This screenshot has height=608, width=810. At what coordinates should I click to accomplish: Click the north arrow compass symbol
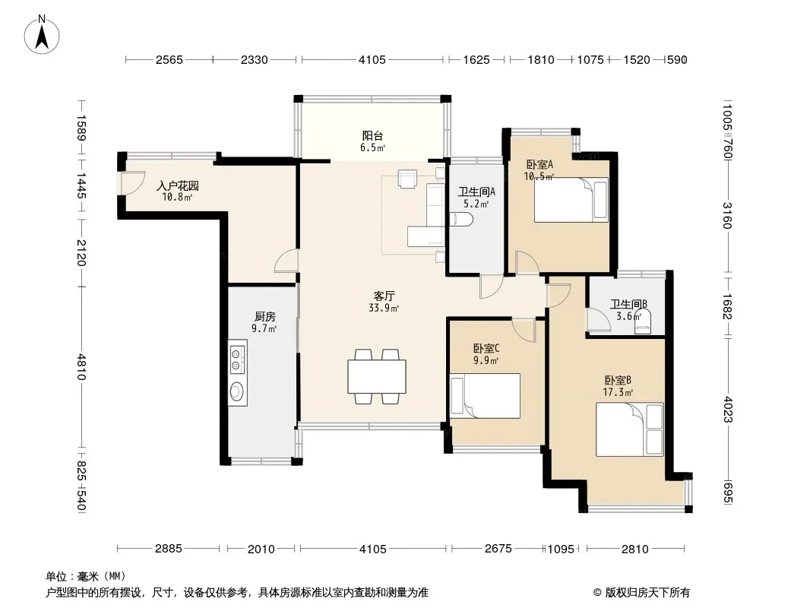point(42,35)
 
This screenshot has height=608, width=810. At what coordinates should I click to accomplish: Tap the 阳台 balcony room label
point(372,136)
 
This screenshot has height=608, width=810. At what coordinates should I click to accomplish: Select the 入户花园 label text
point(177,185)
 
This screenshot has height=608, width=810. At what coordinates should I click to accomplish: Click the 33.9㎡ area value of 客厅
point(384,309)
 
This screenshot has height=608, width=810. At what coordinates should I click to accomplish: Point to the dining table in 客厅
point(377,376)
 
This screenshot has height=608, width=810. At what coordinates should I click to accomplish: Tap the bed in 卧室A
point(571,200)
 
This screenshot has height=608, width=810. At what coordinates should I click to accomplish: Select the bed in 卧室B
point(630,430)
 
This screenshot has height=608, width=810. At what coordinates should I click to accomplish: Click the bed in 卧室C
point(485,396)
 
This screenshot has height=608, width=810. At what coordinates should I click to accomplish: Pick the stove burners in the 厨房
point(236,359)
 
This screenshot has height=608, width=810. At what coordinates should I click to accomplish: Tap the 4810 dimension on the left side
point(81,367)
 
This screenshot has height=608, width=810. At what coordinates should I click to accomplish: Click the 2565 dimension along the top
point(169,60)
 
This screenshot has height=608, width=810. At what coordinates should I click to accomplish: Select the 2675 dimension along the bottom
point(498,548)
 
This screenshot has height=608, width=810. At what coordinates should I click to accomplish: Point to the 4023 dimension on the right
point(728,409)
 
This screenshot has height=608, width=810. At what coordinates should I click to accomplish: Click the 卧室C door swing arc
point(524,330)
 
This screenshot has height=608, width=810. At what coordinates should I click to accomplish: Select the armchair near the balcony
point(407,179)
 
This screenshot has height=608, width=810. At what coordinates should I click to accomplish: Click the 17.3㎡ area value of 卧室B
point(618,392)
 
